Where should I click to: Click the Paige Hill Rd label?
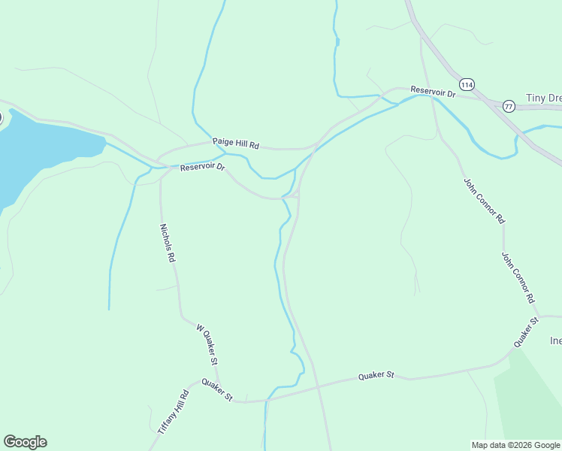[x=235, y=142]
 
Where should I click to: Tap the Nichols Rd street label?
[x=167, y=242]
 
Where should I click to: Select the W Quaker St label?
[x=207, y=344]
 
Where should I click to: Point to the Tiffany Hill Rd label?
[x=173, y=411]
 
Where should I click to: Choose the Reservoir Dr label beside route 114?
[x=433, y=92]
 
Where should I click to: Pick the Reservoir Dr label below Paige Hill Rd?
[x=202, y=167]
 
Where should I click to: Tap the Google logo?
[x=25, y=442]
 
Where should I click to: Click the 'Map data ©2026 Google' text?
[x=515, y=445]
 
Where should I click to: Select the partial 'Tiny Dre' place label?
[x=543, y=98]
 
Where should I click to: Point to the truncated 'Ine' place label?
[x=555, y=341]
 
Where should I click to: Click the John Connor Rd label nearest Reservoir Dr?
[x=483, y=201]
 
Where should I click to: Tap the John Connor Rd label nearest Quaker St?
[x=518, y=277]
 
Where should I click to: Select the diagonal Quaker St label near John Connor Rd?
[x=526, y=332]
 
